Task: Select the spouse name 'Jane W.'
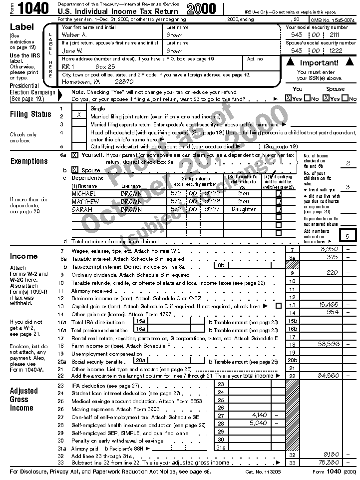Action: [72, 51]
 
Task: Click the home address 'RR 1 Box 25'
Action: [88, 66]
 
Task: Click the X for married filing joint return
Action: [79, 115]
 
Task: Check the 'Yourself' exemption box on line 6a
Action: [75, 155]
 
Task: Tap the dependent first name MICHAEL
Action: [84, 194]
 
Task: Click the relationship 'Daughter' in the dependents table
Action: [244, 210]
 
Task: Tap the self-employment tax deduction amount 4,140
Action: [260, 415]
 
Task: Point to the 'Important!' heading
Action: [319, 63]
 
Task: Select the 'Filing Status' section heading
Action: [30, 114]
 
